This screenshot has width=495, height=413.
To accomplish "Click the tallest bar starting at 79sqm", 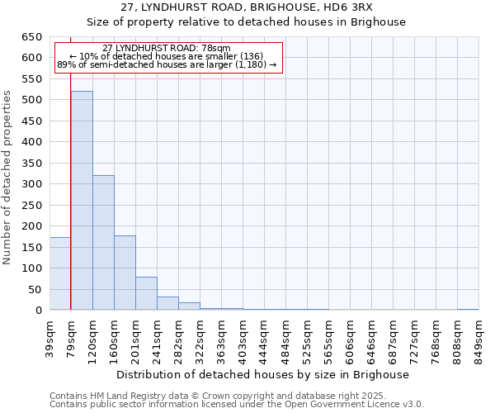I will pyautogui.click(x=82, y=201).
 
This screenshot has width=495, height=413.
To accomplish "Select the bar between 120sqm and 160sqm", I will pyautogui.click(x=103, y=243).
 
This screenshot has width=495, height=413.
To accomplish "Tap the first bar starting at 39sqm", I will pyautogui.click(x=60, y=273).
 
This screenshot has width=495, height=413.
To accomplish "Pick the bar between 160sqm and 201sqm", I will pyautogui.click(x=125, y=273).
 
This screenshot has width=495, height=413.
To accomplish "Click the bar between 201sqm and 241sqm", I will pyautogui.click(x=146, y=293).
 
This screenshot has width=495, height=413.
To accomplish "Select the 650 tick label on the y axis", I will pyautogui.click(x=31, y=37).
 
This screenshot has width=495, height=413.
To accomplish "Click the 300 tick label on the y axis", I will pyautogui.click(x=31, y=184).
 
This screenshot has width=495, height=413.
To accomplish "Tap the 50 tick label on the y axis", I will pyautogui.click(x=34, y=290).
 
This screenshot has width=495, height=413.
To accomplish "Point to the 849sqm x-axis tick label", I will pyautogui.click(x=479, y=337).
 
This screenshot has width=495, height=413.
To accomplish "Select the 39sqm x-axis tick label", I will pyautogui.click(x=50, y=337).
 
